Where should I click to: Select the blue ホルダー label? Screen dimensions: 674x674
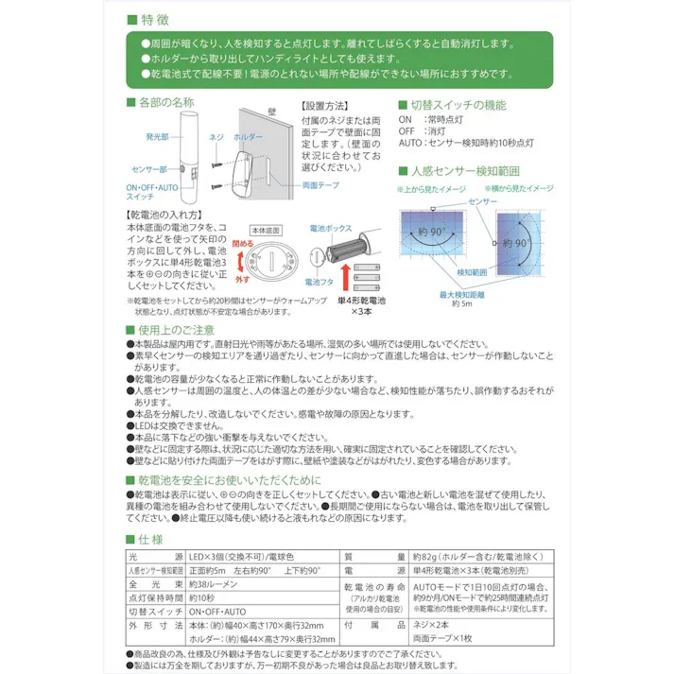248,136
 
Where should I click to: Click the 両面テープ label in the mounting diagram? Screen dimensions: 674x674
319,186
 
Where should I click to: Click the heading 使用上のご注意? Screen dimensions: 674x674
176,329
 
